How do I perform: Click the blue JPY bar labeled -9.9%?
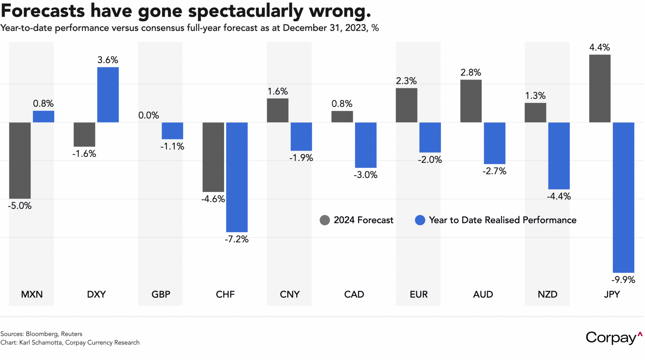(623, 197)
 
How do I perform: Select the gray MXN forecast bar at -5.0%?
(20, 161)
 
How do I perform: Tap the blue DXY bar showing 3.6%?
(108, 95)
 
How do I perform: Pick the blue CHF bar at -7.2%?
(237, 177)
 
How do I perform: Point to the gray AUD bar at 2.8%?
(471, 101)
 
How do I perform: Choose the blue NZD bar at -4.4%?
(559, 156)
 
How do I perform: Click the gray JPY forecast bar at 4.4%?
(600, 89)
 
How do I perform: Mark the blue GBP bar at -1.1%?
(172, 131)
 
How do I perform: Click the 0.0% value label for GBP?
(149, 116)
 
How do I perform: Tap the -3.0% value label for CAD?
(366, 175)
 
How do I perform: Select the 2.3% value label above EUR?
(406, 81)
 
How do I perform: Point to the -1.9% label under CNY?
(301, 158)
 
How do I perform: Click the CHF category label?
(225, 294)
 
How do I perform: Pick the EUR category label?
(419, 294)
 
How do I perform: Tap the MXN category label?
(32, 294)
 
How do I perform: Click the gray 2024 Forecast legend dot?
(325, 220)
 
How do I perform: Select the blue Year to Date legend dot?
(420, 220)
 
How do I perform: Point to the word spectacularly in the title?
(246, 11)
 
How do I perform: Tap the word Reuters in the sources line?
(72, 334)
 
